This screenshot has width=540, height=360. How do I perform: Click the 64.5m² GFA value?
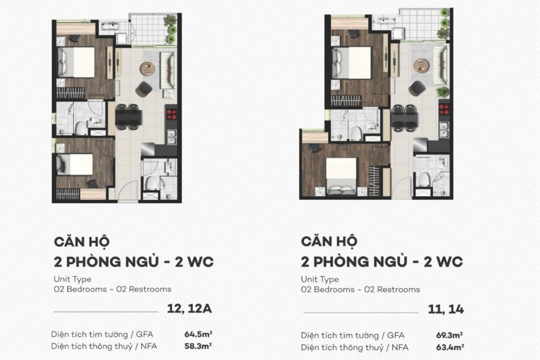[198, 334]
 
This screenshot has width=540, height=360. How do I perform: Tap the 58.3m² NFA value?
[198, 346]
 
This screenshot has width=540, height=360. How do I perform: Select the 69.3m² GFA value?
[450, 335]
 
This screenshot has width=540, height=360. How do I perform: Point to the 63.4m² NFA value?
[450, 347]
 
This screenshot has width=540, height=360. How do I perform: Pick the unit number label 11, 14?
[446, 310]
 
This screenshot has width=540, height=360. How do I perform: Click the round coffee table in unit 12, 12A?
[148, 69]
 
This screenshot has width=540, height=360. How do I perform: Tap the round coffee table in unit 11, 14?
[421, 65]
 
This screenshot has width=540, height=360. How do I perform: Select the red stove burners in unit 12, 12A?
[171, 113]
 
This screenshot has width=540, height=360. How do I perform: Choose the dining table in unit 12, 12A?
[128, 116]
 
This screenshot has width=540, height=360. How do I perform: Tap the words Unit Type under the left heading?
[72, 279]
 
